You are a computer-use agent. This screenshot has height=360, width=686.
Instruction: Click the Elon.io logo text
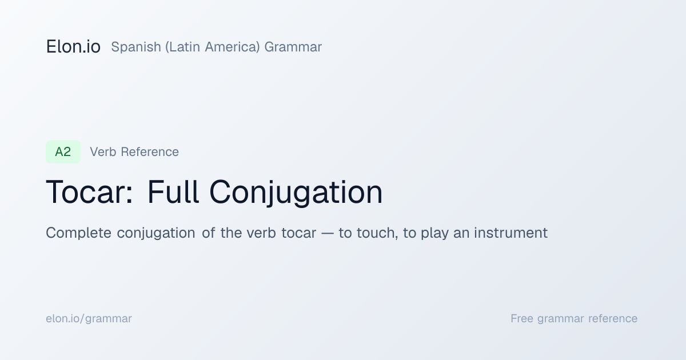pos(73,47)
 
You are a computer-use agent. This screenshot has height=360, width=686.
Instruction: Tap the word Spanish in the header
pos(136,47)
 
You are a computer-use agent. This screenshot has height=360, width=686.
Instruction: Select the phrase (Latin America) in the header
pos(213,47)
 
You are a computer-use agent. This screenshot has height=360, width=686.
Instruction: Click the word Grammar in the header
pos(293,47)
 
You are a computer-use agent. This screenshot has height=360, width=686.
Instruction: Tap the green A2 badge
pos(63,152)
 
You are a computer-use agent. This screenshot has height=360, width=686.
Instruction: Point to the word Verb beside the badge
pos(103,152)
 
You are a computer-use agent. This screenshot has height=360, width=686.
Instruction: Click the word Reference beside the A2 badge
pos(150,152)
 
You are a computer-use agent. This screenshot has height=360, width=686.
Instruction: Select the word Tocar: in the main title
pos(89,192)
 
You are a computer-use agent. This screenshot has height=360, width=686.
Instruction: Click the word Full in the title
pos(173,192)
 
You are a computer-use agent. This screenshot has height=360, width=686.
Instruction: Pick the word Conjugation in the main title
pos(296,193)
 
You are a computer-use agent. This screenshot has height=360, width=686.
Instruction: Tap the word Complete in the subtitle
pos(78,233)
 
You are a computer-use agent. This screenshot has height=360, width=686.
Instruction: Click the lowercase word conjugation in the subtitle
pos(156,233)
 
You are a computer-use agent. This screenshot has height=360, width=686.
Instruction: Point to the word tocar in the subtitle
pos(298,233)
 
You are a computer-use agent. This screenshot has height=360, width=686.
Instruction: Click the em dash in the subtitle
pos(328,234)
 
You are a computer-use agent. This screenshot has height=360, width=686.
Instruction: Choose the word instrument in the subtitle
pos(510,233)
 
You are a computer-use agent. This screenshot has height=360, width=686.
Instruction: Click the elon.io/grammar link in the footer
pos(89,319)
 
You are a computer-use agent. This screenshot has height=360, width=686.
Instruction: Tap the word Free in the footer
pos(522,319)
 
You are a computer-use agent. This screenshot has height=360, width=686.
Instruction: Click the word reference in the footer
pos(613,319)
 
